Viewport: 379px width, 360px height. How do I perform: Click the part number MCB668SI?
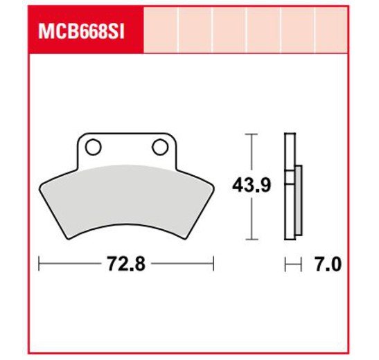(82, 32)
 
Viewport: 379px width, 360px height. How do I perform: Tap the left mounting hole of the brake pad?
(94, 147)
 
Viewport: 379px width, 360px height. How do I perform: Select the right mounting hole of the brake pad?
(160, 147)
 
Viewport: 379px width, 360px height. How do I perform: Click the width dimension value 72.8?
(126, 264)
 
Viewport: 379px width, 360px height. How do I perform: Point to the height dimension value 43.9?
(252, 185)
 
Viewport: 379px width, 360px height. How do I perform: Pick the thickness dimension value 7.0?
(328, 264)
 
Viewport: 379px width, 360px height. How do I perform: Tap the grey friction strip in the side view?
(299, 200)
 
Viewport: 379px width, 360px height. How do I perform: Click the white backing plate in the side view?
(290, 186)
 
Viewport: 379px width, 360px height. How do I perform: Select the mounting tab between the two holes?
(127, 150)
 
